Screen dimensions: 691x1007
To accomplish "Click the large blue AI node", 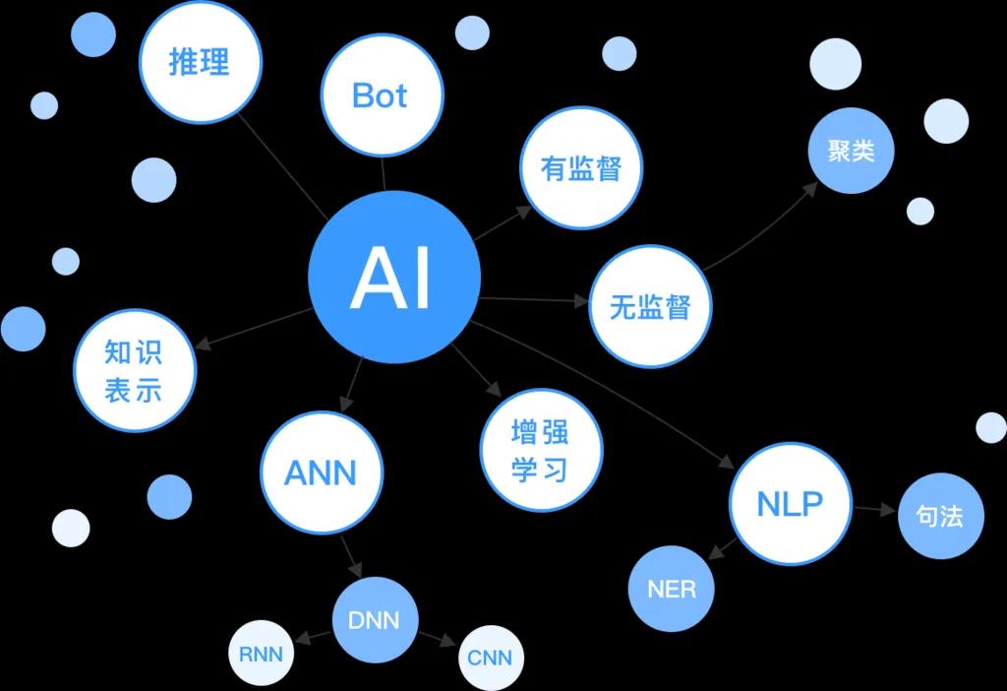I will pyautogui.click(x=393, y=278).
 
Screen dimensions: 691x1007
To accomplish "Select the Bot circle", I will pyautogui.click(x=379, y=95).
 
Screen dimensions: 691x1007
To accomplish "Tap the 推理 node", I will pyautogui.click(x=200, y=62).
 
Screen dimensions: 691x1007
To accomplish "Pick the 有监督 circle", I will pyautogui.click(x=581, y=168).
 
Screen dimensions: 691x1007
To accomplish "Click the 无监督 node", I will pyautogui.click(x=650, y=306).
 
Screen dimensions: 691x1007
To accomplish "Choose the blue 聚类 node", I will pyautogui.click(x=851, y=151).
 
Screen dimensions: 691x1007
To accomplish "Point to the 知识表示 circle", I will pyautogui.click(x=134, y=370).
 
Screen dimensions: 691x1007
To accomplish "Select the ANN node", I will pyautogui.click(x=321, y=472).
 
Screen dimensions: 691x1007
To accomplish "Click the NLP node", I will pyautogui.click(x=790, y=503).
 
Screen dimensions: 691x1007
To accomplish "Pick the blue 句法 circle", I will pyautogui.click(x=940, y=516).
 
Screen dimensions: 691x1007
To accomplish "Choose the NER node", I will pyautogui.click(x=672, y=590).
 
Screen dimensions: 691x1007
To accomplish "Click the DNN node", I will pyautogui.click(x=374, y=620).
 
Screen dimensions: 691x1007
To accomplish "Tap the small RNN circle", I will pyautogui.click(x=261, y=654).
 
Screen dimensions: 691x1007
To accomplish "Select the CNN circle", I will pyautogui.click(x=490, y=657).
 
